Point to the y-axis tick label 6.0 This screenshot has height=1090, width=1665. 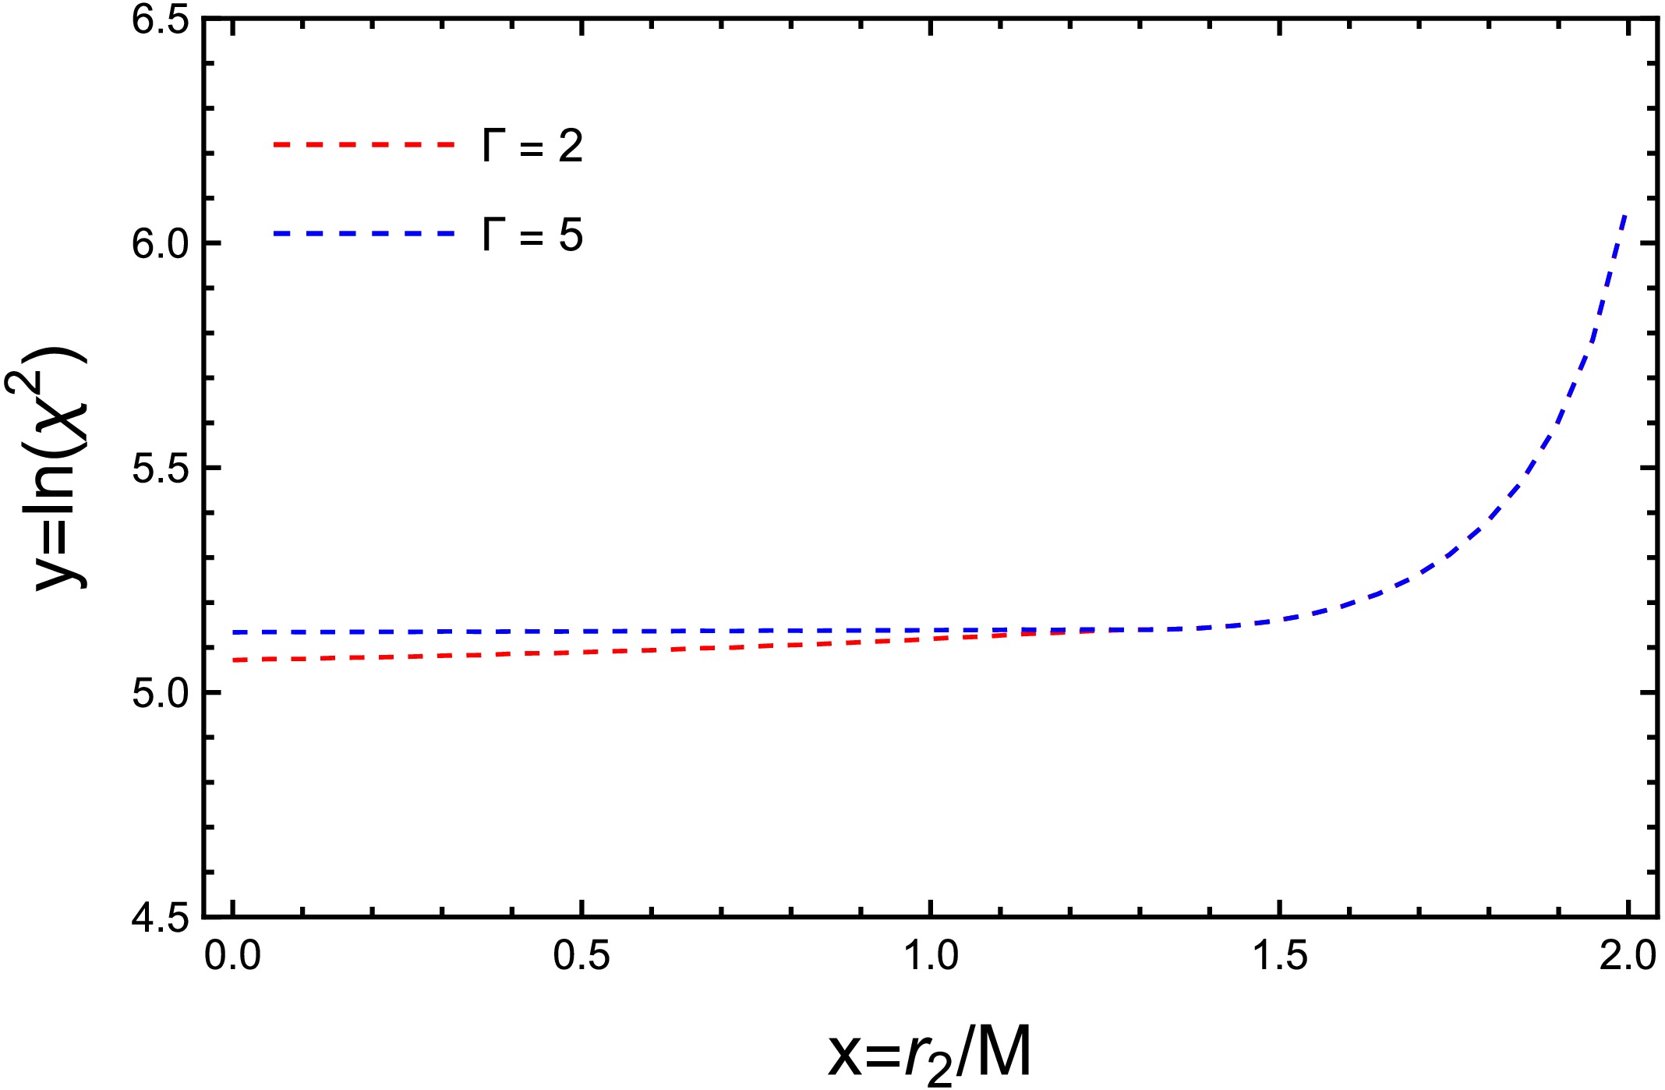pos(161,244)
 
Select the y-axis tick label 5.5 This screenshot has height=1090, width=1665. pos(161,469)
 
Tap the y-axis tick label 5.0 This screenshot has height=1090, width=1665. pos(161,693)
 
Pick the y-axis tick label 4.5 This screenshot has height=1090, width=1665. pos(161,917)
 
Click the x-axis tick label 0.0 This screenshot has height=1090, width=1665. pos(232,956)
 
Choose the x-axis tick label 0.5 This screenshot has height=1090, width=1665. pos(582,956)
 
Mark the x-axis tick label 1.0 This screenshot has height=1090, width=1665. pos(931,956)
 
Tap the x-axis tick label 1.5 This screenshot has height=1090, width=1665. pos(1280,956)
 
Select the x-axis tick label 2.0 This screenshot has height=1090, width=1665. pos(1628,956)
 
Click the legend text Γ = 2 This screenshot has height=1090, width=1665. pos(532,146)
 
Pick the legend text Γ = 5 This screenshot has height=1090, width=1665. pos(532,235)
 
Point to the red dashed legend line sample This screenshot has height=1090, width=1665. pos(363,145)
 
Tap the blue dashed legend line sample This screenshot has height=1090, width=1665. pos(363,234)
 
